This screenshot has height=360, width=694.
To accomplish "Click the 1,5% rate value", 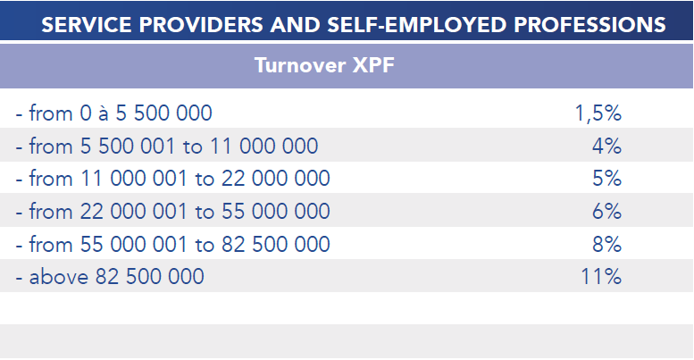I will click(x=598, y=113).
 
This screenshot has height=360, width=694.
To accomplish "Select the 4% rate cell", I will click(x=606, y=146).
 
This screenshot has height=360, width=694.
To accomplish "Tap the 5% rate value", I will click(x=606, y=179).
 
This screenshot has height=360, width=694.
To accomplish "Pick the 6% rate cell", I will click(x=606, y=212).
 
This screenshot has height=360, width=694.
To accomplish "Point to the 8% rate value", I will click(x=606, y=244).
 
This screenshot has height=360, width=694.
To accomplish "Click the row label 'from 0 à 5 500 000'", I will click(x=113, y=113).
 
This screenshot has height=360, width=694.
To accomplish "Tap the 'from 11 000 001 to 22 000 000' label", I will click(x=172, y=179).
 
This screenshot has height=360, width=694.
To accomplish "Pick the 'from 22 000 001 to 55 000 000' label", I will click(x=172, y=212).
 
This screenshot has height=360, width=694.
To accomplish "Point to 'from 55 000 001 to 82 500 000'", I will click(x=172, y=244).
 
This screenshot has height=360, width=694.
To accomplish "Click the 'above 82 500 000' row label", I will click(x=109, y=277).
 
